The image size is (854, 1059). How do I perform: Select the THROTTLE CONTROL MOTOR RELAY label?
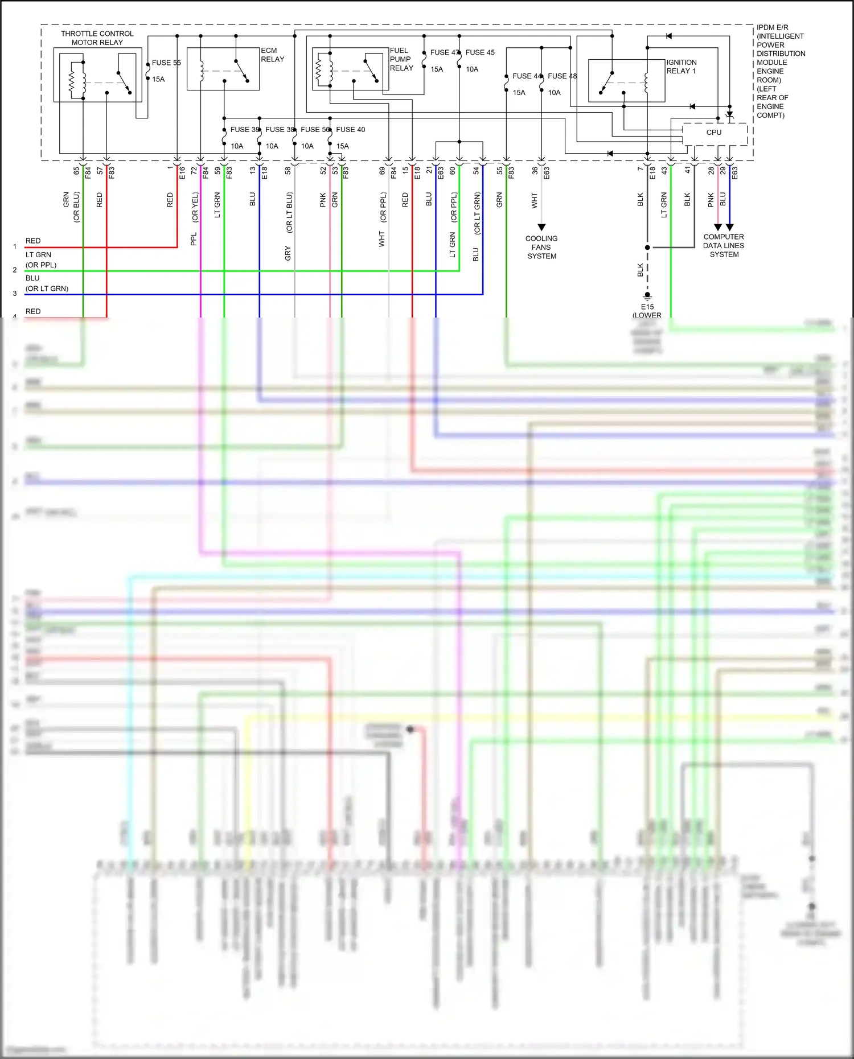click(97, 38)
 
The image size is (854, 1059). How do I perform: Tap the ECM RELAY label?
click(272, 55)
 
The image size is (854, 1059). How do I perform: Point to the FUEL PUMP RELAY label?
click(401, 59)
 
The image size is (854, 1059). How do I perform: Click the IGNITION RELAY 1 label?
click(681, 67)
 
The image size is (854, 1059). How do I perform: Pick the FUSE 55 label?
click(166, 63)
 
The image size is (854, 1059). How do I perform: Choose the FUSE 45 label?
click(480, 52)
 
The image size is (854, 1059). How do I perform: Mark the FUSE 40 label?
click(350, 130)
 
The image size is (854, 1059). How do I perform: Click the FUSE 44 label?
click(527, 76)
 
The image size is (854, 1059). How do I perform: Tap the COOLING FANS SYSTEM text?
click(541, 248)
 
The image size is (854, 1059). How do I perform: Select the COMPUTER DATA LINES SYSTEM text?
click(724, 246)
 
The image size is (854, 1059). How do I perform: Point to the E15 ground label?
click(647, 307)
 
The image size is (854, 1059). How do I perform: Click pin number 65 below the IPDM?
click(76, 170)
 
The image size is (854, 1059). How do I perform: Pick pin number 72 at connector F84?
click(194, 170)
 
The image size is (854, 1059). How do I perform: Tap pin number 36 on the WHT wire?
click(535, 170)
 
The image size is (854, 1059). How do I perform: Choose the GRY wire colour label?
click(288, 254)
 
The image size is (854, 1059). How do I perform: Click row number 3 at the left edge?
click(15, 294)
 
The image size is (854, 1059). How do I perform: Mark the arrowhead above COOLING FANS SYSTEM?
click(541, 227)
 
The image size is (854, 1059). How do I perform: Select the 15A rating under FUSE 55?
click(158, 80)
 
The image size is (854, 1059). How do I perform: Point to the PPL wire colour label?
click(194, 239)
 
